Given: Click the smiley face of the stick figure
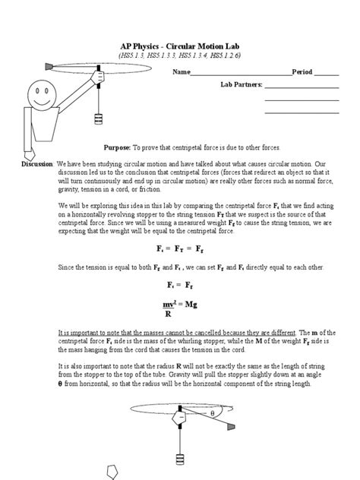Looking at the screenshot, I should point(37,97).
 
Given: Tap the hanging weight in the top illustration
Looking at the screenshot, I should point(97,119).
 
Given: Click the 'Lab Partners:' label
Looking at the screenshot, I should point(241,85).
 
